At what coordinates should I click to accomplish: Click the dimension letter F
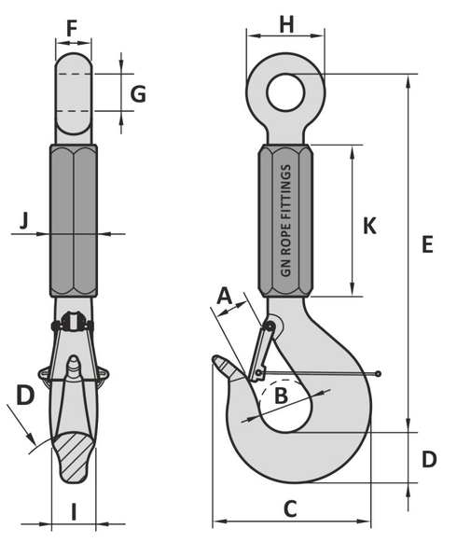(x=72, y=29)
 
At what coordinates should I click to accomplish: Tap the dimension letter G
(x=138, y=94)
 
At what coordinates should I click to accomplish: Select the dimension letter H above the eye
(x=286, y=25)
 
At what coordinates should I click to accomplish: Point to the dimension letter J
(x=24, y=221)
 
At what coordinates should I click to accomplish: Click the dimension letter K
(x=369, y=226)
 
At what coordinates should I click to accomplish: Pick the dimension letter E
(x=427, y=244)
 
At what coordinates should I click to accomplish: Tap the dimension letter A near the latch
(x=224, y=296)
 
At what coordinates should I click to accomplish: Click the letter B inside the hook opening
(x=281, y=396)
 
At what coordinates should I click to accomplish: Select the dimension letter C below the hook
(x=290, y=508)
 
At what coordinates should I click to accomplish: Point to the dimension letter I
(x=74, y=512)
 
